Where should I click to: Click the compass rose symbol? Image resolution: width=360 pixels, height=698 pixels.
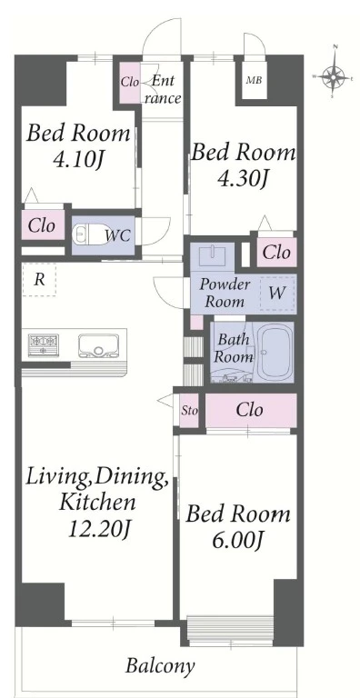[x=334, y=75]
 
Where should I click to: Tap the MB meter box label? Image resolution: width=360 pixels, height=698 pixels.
[x=254, y=81]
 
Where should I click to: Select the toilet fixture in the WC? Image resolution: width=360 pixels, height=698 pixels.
[x=87, y=233]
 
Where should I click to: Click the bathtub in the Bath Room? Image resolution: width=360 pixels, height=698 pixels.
[x=275, y=351]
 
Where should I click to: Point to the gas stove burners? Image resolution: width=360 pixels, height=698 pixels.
[x=44, y=344]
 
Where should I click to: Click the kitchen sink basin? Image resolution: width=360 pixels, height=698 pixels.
[x=97, y=344]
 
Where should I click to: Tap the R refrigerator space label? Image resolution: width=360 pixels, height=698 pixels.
[x=40, y=280]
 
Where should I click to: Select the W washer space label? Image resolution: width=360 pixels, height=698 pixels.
[x=277, y=293]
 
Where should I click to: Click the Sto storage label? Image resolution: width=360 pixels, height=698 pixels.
[x=189, y=411]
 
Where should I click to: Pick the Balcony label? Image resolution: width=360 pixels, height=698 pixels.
[x=159, y=666]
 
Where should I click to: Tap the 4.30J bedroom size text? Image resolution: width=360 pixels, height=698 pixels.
[x=242, y=179]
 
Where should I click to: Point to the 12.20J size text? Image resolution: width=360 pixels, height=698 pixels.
[x=99, y=529]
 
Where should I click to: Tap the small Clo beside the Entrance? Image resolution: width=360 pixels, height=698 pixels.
[x=130, y=82]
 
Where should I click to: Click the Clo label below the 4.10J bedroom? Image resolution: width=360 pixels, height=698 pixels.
[x=42, y=225]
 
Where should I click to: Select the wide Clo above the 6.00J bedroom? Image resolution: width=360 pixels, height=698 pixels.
[x=249, y=410]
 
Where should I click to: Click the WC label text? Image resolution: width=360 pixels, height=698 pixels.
[x=118, y=235]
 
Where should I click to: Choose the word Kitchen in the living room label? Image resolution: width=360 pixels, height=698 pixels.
[x=97, y=503]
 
